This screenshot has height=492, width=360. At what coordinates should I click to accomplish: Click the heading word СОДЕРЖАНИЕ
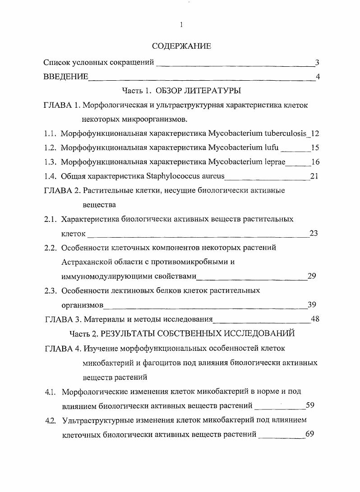pos(181,46)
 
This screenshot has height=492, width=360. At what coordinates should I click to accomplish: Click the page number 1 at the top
pos(181,25)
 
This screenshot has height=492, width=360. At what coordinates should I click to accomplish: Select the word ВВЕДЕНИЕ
pos(66,76)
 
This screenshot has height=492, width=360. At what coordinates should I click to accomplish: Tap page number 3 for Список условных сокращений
pos(317,62)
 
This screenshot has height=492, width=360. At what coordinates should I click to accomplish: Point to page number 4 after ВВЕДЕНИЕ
pos(318,77)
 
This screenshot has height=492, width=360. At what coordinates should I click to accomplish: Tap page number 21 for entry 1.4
pos(314,176)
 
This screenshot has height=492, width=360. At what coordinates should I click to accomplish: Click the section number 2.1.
pos(50,219)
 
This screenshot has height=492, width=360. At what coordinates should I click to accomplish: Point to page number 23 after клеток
pos(314,233)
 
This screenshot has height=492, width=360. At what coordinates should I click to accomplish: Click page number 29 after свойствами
pos(311,276)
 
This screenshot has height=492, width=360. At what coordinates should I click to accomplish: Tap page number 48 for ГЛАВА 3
pos(315,319)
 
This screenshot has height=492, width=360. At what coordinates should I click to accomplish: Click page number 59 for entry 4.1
pos(309,405)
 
